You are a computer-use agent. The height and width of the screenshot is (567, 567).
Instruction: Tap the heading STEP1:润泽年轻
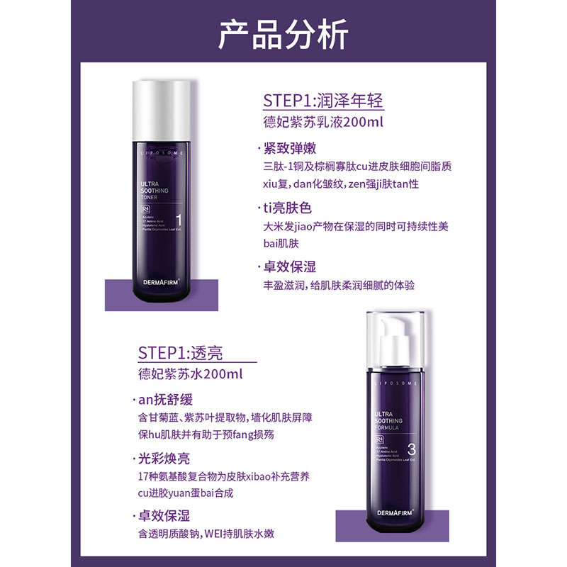click(x=322, y=100)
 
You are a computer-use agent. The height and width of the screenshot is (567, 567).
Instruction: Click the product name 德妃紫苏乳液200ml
click(x=322, y=123)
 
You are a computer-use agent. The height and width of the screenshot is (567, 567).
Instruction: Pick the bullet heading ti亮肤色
click(x=287, y=208)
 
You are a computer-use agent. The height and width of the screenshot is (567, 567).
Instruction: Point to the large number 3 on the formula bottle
click(x=412, y=448)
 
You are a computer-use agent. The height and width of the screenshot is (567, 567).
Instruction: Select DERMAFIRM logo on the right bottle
click(x=393, y=509)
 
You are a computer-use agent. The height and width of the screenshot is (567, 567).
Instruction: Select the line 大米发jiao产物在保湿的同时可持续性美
click(x=355, y=227)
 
